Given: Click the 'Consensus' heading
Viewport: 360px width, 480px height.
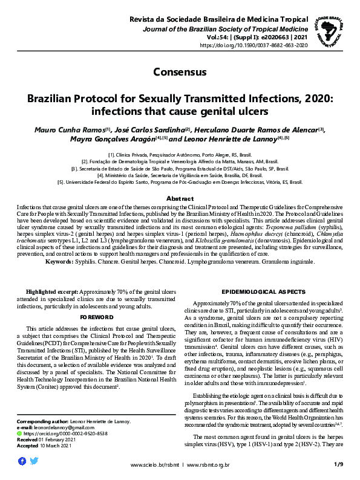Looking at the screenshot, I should [x=180, y=72].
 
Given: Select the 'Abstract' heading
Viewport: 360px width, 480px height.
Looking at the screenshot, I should [x=180, y=199].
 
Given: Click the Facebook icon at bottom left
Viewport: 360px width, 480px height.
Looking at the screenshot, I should [x=22, y=461].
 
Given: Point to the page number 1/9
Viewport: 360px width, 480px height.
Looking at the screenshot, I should [x=338, y=464].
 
